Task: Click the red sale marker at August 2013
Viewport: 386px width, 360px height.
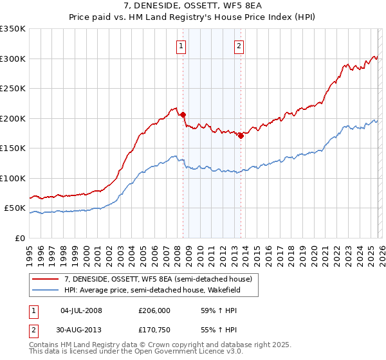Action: (x=241, y=136)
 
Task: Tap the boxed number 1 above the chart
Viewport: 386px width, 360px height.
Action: (x=181, y=46)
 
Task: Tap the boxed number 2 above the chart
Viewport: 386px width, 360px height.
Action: (x=239, y=46)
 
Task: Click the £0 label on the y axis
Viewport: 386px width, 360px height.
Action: (x=20, y=238)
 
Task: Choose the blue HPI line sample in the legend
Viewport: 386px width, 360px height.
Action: (x=46, y=290)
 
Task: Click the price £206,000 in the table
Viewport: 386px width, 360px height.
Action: (x=154, y=310)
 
